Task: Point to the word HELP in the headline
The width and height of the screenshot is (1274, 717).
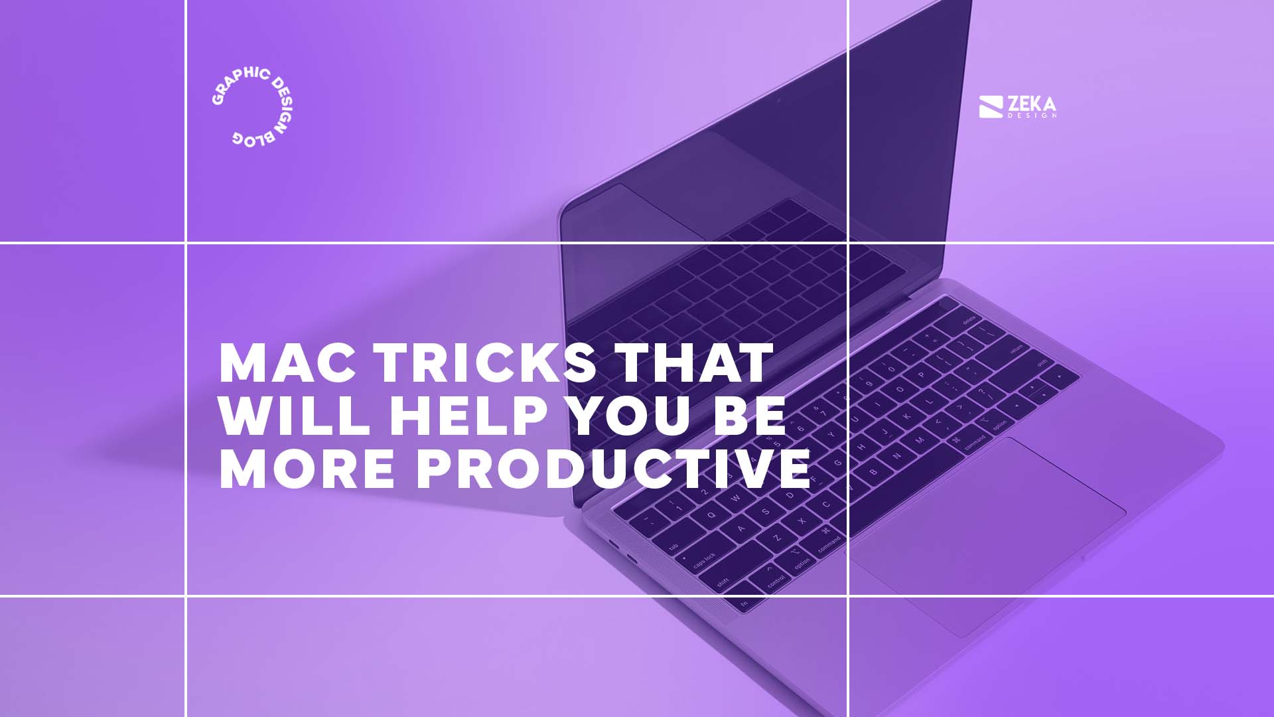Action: pos(468,416)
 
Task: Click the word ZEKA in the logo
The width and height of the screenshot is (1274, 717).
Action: pos(1031,104)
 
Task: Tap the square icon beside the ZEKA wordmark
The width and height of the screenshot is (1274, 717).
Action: pos(991,108)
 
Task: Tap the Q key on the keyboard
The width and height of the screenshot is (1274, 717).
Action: pos(712,515)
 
